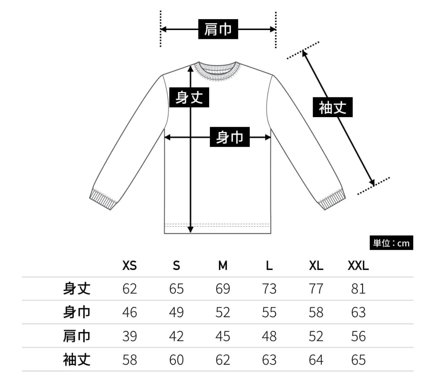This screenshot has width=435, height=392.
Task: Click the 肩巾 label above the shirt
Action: [218, 29]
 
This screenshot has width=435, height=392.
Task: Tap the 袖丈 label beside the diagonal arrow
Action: [333, 107]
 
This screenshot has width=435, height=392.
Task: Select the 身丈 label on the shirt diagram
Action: [189, 97]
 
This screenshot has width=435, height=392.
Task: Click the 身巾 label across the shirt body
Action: [230, 137]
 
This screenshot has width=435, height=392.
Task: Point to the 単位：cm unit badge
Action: [391, 243]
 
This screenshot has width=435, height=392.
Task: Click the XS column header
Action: [129, 265]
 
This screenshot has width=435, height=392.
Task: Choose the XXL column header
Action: [358, 265]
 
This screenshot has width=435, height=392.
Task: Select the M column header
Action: [223, 265]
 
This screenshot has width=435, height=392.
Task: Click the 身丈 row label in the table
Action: [76, 289]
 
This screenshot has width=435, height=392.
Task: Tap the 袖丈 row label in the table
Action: [76, 359]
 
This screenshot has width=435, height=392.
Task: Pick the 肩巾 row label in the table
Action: [76, 336]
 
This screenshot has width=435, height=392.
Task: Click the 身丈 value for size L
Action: [269, 289]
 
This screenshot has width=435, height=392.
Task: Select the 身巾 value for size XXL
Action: [358, 312]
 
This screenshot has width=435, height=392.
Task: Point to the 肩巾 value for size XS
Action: [129, 336]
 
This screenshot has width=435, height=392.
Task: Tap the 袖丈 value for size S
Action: [176, 359]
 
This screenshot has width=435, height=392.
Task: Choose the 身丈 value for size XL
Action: [316, 289]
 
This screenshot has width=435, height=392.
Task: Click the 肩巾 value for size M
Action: [223, 336]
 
